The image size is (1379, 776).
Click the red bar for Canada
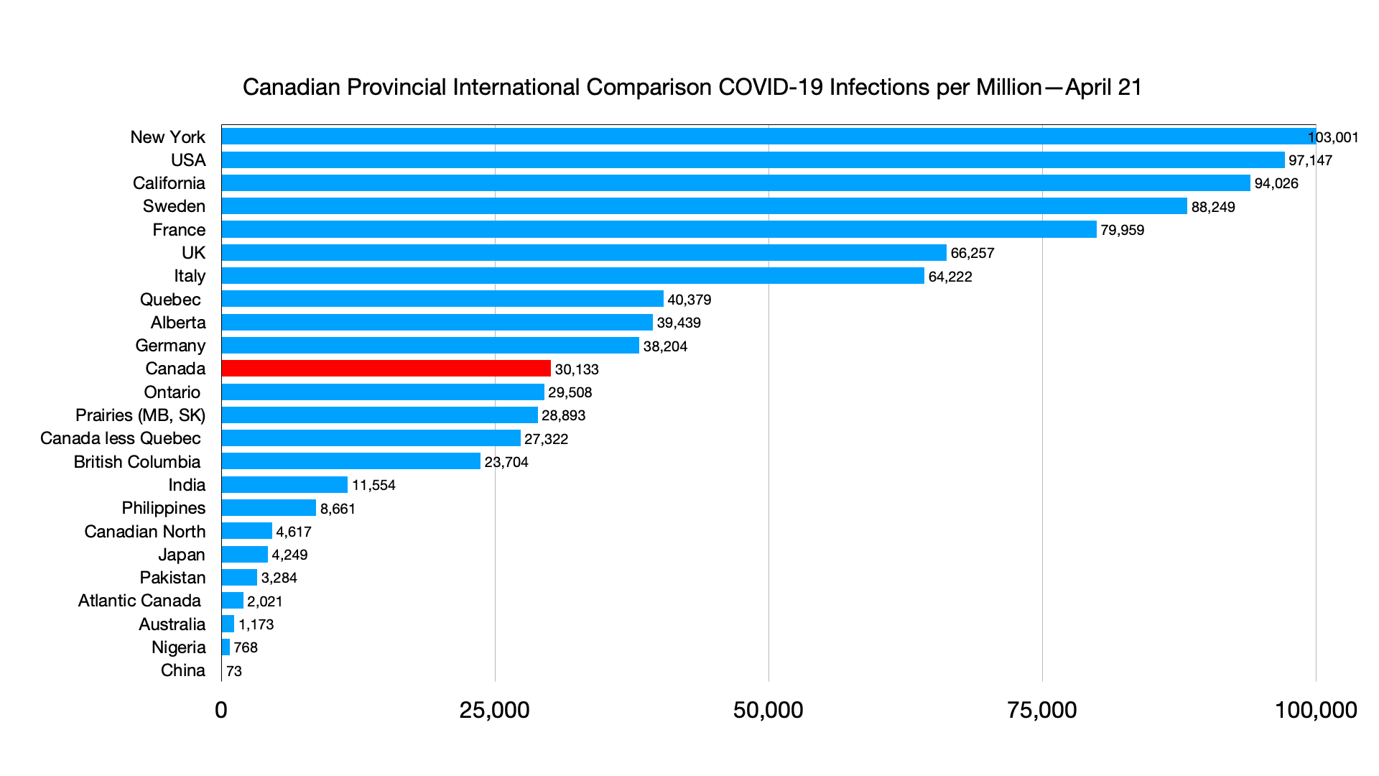pos(386,369)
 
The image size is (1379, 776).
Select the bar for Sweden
pos(704,206)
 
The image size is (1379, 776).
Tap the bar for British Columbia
pos(350,461)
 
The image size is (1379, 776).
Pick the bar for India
pos(284,485)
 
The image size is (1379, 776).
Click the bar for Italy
pos(572,276)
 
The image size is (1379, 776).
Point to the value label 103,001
pos(1333,137)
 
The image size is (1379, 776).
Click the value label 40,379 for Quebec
pos(689,300)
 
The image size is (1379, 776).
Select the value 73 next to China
pos(234,671)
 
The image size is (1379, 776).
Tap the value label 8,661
pos(338,509)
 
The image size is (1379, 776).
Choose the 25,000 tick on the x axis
pos(494,710)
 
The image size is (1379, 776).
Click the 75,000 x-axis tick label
pos(1041,710)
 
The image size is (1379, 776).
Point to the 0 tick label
pos(221,710)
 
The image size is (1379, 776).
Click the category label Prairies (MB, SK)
pos(140,415)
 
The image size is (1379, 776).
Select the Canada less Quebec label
pos(121,438)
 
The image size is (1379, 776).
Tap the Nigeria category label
pos(178,647)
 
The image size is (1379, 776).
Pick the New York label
pos(167,137)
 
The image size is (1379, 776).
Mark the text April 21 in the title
pos(1103,87)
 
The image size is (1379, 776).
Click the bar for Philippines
pos(269,508)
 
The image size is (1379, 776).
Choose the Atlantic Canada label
pos(139,601)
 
